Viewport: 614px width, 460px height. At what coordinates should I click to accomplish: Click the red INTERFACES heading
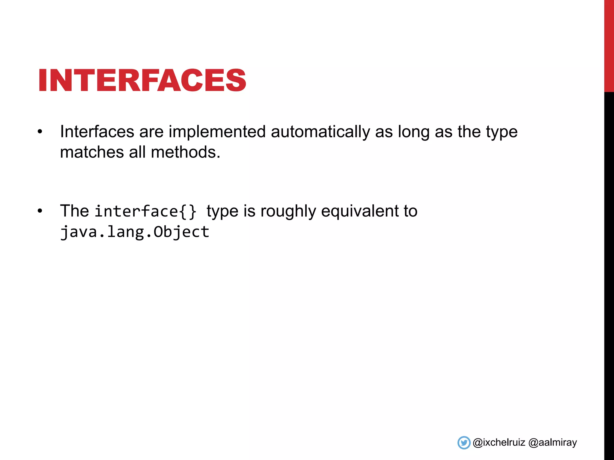[142, 80]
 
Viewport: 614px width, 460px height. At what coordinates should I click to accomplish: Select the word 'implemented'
[217, 132]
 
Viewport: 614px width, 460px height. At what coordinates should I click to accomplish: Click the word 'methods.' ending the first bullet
[186, 152]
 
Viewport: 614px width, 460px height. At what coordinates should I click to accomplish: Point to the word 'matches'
[92, 152]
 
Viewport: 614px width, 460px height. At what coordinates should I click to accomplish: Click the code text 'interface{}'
[146, 211]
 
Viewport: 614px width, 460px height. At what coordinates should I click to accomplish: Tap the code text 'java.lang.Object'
[135, 232]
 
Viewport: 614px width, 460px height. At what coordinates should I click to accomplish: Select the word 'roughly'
[288, 211]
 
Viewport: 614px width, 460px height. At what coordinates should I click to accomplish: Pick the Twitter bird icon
[464, 443]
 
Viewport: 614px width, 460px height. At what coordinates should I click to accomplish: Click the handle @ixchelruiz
[499, 443]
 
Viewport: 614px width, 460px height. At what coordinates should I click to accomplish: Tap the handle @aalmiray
[553, 443]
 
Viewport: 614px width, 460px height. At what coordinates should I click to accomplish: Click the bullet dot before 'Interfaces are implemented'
[40, 132]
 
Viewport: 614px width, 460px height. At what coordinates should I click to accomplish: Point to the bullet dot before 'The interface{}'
[40, 211]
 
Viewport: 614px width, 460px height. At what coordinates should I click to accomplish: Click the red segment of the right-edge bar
[609, 45]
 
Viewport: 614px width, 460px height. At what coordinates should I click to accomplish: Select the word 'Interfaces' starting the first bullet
[97, 132]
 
